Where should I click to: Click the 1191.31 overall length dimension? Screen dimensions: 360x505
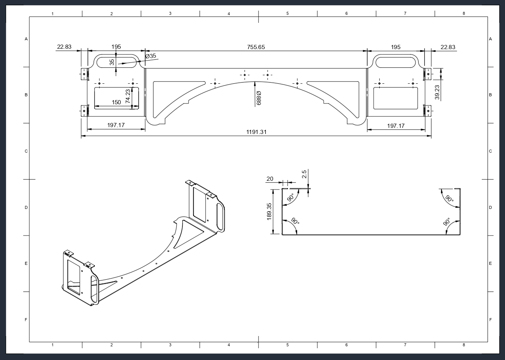tap(256, 132)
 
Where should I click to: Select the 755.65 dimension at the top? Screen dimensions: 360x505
tap(256, 47)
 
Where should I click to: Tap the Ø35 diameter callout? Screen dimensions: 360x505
tap(151, 56)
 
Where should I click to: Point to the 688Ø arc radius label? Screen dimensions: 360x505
tap(259, 98)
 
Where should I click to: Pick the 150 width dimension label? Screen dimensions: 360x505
tap(117, 102)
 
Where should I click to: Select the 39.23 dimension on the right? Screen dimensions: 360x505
tap(437, 92)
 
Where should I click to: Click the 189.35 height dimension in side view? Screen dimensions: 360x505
tap(269, 211)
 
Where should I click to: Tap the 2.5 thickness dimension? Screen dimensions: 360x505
tap(304, 174)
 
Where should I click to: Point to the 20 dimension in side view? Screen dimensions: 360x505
tap(270, 179)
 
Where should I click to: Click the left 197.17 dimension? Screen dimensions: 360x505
tap(116, 125)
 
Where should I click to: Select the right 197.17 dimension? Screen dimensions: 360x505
tap(396, 126)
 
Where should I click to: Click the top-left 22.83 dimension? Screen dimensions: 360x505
tap(64, 47)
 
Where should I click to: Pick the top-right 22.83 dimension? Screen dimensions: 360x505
tap(448, 47)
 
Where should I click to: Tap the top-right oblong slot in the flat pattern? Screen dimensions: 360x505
tap(396, 61)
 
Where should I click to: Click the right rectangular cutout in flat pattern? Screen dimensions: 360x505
tap(396, 98)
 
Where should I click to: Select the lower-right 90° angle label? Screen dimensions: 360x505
tap(447, 222)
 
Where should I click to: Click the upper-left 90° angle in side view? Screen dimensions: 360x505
tap(290, 198)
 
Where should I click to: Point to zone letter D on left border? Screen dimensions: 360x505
tap(26, 208)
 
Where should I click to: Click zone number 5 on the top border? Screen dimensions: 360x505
tap(288, 14)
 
